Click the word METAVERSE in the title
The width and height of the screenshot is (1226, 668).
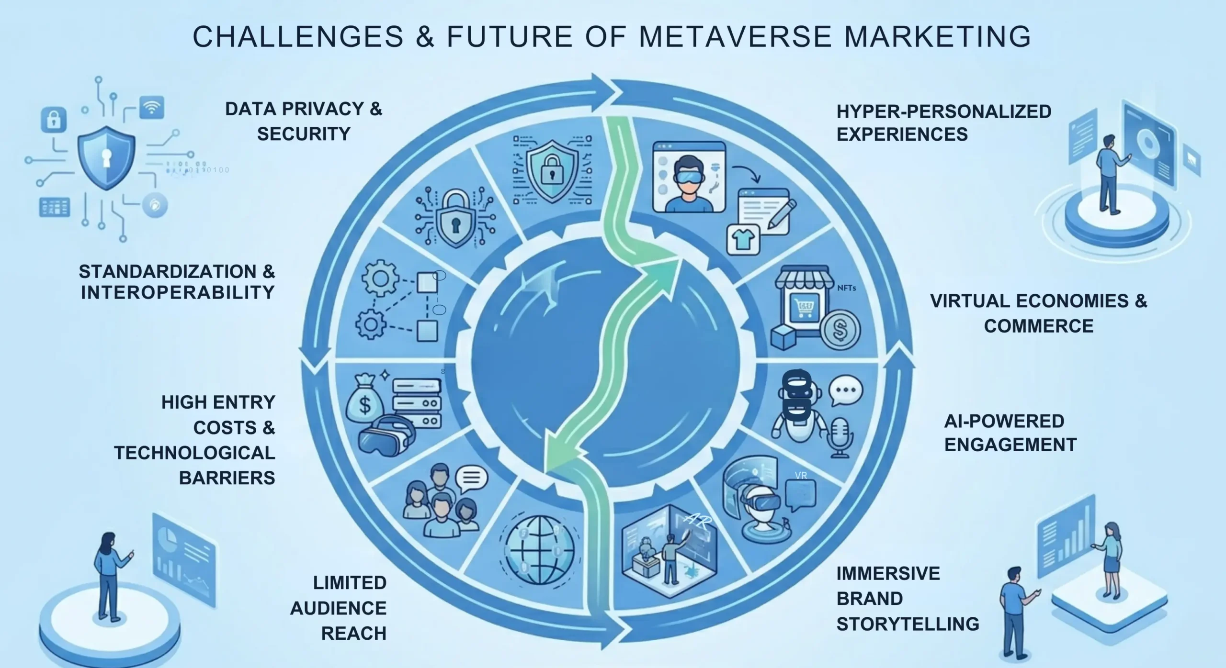pos(735,36)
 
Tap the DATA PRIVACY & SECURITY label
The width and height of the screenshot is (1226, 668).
pos(304,121)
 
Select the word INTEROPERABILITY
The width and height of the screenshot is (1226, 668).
pos(178,292)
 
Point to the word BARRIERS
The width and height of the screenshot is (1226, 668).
pos(227,478)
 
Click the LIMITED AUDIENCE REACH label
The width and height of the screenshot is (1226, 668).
pos(339,608)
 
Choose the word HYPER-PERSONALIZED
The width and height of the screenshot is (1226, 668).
pos(943,111)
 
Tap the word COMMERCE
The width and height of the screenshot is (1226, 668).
pos(1038,326)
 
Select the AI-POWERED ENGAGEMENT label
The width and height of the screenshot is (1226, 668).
pos(1010,433)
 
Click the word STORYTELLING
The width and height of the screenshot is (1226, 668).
pos(908,623)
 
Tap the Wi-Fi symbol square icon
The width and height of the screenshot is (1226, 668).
pos(152,108)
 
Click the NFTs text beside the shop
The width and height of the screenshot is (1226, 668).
pos(846,288)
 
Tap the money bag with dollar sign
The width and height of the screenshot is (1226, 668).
pos(364,403)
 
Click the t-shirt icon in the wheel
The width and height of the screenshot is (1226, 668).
pos(743,239)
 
